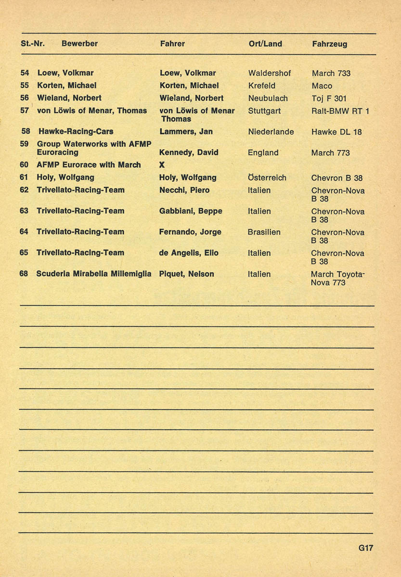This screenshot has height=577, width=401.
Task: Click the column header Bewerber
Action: click(x=79, y=44)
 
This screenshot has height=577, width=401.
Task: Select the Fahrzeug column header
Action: click(x=329, y=44)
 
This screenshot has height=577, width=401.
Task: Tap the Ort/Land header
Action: click(x=265, y=44)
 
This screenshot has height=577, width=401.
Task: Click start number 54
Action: click(x=25, y=73)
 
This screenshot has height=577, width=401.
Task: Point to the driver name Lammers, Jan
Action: click(x=186, y=131)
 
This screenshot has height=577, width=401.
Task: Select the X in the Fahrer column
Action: click(x=162, y=165)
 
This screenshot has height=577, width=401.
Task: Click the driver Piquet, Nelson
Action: click(x=187, y=274)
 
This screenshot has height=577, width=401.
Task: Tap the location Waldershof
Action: click(x=270, y=73)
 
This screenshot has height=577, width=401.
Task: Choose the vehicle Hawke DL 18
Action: click(x=336, y=132)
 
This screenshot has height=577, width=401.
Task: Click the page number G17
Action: click(x=365, y=548)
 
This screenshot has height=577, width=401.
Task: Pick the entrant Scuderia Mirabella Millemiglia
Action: click(x=94, y=274)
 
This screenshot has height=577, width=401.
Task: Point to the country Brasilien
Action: click(x=264, y=232)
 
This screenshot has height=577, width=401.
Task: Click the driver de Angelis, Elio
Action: click(x=189, y=252)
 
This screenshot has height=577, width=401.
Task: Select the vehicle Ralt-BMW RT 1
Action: click(x=340, y=111)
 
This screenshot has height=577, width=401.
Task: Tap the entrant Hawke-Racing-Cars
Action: click(x=76, y=131)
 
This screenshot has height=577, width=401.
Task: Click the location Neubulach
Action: click(x=268, y=98)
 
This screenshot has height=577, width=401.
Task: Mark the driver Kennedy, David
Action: click(x=189, y=152)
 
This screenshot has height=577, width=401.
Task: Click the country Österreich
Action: click(x=267, y=177)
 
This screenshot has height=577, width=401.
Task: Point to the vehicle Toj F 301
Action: click(x=329, y=99)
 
